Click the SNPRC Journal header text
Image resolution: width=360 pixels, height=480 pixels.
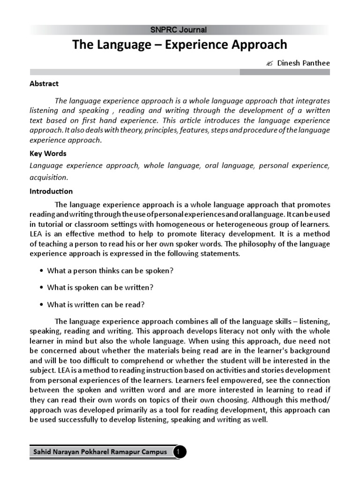pos(179,30)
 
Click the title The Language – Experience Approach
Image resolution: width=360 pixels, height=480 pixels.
pos(179,45)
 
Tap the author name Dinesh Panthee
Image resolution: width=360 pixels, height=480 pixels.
pos(304,63)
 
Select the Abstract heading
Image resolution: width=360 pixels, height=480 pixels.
pos(44,83)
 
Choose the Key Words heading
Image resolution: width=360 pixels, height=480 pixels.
pos(48,153)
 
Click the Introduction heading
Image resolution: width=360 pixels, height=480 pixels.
pos(51,191)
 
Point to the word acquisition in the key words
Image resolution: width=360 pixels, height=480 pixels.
pos(49,177)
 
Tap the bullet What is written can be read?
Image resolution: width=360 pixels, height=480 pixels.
pos(96,304)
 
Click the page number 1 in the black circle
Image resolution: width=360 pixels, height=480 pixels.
pos(180,452)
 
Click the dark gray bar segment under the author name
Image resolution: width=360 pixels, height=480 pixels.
pos(285,72)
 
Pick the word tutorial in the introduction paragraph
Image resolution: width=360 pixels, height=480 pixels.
pos(51,224)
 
